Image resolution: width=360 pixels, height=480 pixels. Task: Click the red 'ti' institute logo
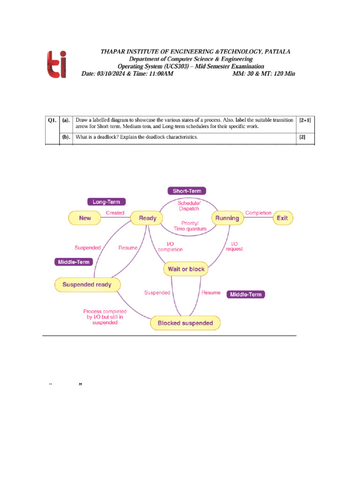56,64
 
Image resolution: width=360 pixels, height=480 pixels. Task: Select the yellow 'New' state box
85,218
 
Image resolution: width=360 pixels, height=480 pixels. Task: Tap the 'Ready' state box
148,218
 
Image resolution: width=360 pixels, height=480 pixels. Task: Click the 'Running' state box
227,218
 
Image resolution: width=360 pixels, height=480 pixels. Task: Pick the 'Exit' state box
282,218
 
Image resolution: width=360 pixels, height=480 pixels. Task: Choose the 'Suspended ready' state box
87,284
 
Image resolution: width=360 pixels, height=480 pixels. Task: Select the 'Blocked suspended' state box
185,323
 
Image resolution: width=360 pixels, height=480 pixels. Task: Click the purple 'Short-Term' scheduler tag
187,191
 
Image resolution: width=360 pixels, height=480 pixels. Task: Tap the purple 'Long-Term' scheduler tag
106,202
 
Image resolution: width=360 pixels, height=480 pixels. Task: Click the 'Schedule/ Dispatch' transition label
189,206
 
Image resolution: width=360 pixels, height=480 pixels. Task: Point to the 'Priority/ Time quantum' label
189,226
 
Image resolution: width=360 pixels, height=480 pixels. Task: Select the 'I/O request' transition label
234,246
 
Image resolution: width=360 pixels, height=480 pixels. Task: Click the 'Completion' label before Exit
258,213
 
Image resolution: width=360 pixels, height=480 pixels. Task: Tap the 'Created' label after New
115,213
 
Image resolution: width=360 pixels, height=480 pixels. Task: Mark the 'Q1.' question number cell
52,120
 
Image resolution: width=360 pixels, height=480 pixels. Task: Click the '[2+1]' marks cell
305,120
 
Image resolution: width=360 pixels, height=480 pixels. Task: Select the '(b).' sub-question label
66,137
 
